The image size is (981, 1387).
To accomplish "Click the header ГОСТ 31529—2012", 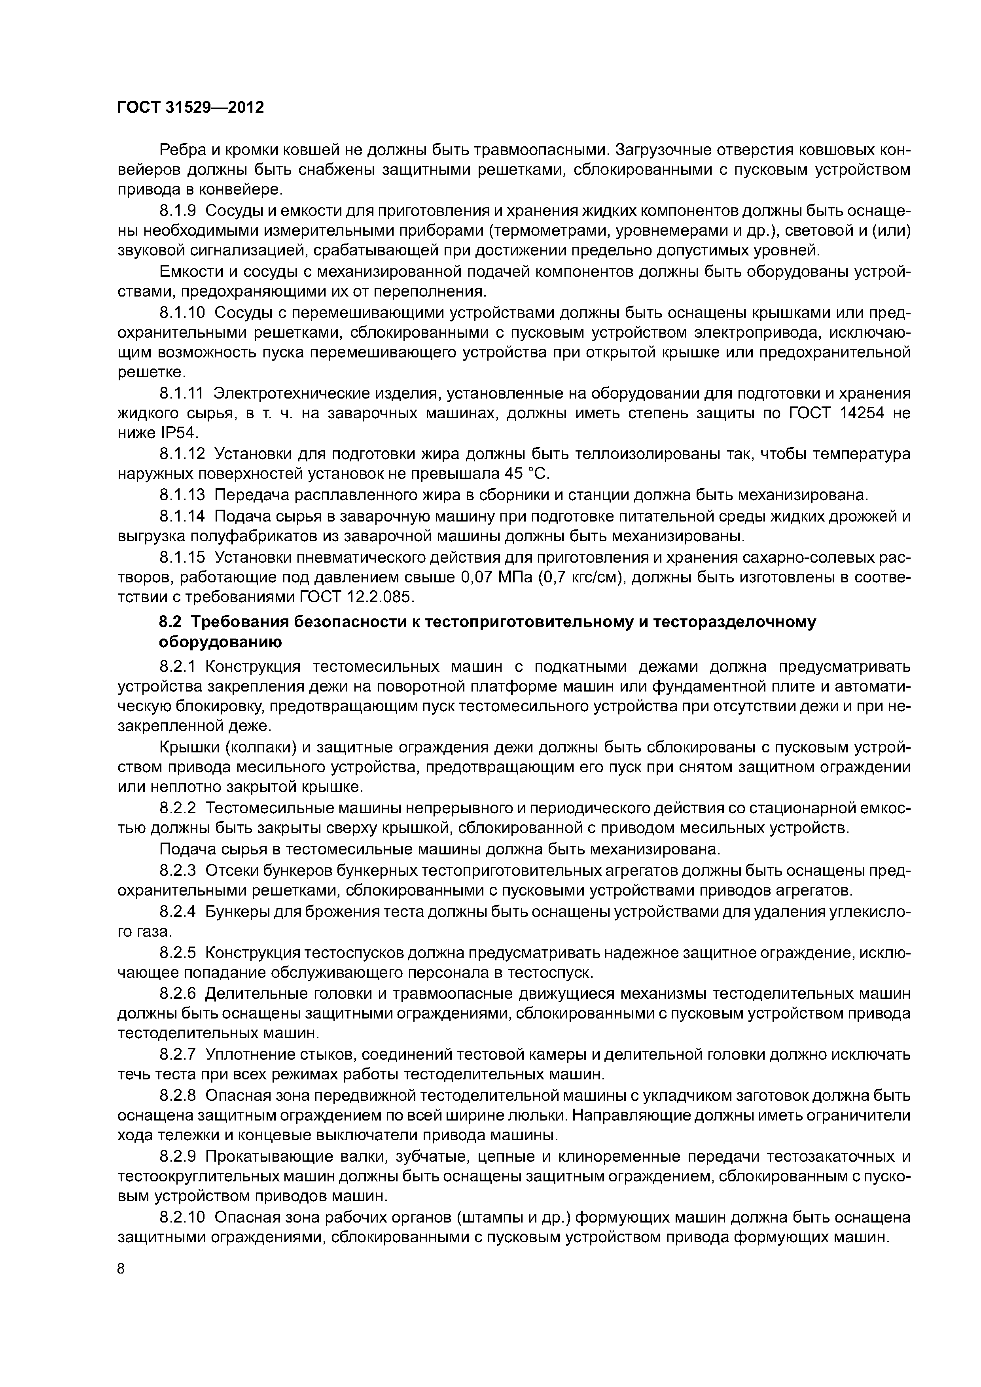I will point(190,108).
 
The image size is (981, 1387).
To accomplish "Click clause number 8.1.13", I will point(182,495).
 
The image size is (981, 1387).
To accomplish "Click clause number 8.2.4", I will point(178,912).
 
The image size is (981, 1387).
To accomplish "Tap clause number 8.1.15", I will point(182,556).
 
